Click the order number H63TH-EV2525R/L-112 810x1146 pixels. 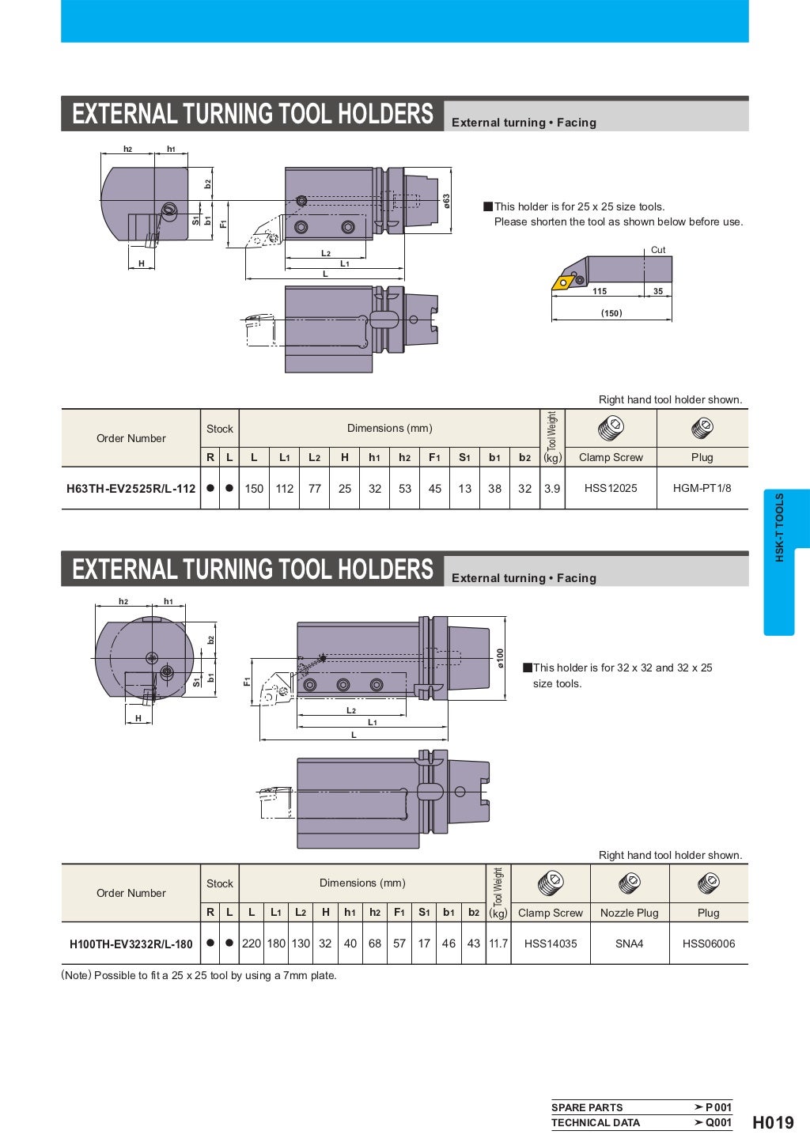131,489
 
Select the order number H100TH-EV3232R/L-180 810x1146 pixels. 131,944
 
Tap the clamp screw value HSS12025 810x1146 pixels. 610,488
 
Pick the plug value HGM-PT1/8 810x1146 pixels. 702,488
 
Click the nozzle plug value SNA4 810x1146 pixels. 629,944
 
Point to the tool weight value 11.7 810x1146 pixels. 498,944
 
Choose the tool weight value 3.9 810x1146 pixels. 551,489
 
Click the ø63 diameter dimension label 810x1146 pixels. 446,201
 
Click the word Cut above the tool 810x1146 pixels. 657,250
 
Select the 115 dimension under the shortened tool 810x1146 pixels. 600,291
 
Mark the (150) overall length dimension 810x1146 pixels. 611,313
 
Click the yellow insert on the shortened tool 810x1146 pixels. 564,282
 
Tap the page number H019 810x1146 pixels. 772,1122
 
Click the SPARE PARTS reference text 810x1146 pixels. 586,1107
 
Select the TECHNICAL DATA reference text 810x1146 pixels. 595,1122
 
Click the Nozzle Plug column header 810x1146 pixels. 629,913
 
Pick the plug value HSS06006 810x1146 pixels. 708,944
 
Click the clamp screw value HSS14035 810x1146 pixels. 550,944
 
